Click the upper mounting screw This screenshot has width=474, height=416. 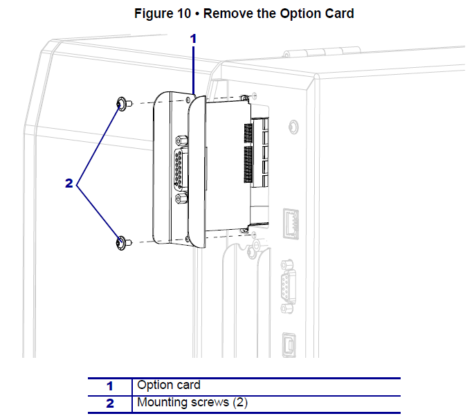click(122, 104)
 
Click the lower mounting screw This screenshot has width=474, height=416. click(122, 242)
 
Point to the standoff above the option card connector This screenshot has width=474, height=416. click(181, 140)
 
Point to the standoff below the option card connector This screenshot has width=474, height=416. click(181, 200)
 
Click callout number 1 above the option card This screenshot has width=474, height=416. click(194, 39)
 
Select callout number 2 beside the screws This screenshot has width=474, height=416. click(69, 183)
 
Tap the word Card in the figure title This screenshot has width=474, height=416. click(339, 14)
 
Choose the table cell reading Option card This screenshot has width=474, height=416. click(169, 385)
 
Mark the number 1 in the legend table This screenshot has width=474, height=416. click(109, 386)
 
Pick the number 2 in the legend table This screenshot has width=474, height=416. click(109, 403)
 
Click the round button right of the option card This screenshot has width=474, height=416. click(293, 127)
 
